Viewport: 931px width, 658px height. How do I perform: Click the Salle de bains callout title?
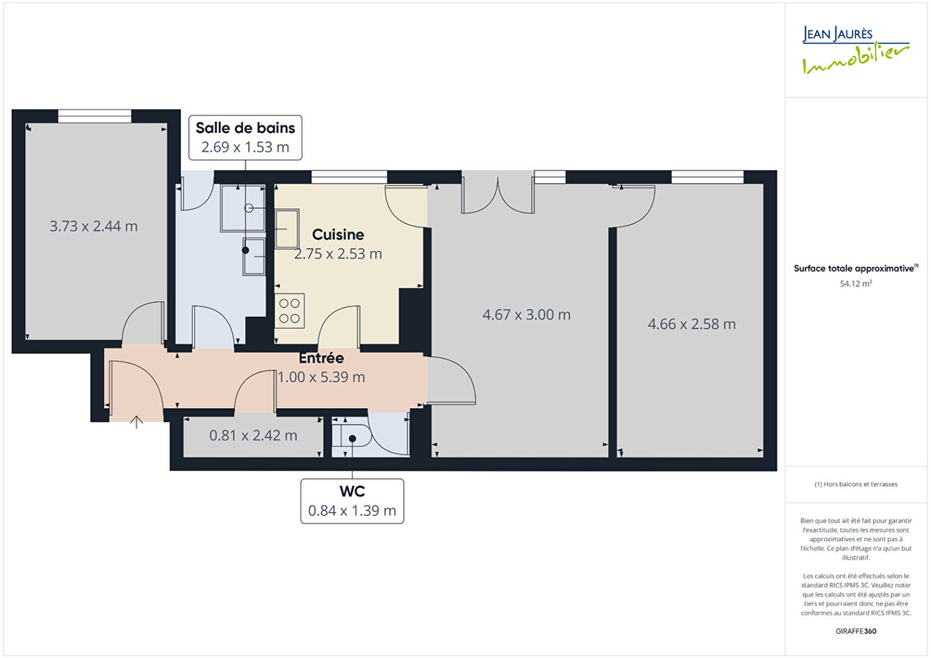coord(245,128)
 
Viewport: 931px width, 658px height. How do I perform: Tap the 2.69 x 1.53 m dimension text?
coord(245,147)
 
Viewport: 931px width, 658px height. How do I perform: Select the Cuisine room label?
coord(338,235)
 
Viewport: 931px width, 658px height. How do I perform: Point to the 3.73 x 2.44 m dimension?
coord(94,227)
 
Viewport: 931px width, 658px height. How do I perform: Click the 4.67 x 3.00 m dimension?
coord(526,315)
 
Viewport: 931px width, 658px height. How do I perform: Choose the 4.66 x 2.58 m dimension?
coord(692,324)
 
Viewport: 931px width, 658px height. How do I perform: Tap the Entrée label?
coord(321,358)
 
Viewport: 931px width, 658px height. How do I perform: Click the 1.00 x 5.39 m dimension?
coord(321,377)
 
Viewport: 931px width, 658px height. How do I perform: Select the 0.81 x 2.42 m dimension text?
coord(253,436)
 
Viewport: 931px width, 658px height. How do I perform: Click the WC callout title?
coord(352,491)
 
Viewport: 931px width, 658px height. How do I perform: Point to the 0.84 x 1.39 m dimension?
coord(352,511)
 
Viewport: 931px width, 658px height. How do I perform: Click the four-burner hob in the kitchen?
coord(290,311)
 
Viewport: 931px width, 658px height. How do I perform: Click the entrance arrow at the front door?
coord(136,422)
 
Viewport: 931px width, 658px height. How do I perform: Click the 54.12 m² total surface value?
coord(856,284)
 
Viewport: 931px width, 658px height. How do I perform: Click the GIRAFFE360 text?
coord(856,631)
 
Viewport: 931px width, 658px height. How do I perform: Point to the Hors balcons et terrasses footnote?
coord(856,484)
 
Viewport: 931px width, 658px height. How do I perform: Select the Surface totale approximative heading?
coord(856,268)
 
